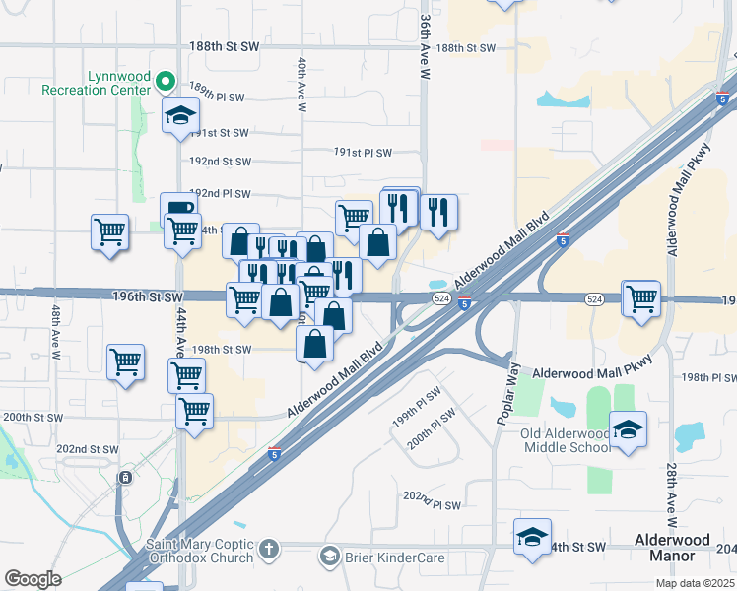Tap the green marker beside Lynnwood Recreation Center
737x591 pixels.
coord(166,81)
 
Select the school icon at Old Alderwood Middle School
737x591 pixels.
coord(628,429)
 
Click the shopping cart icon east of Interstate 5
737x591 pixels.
coord(641,297)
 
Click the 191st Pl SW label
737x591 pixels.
coord(363,153)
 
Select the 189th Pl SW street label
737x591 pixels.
coord(216,98)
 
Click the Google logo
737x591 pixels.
coord(33,578)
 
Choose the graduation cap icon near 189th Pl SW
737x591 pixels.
coord(181,115)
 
